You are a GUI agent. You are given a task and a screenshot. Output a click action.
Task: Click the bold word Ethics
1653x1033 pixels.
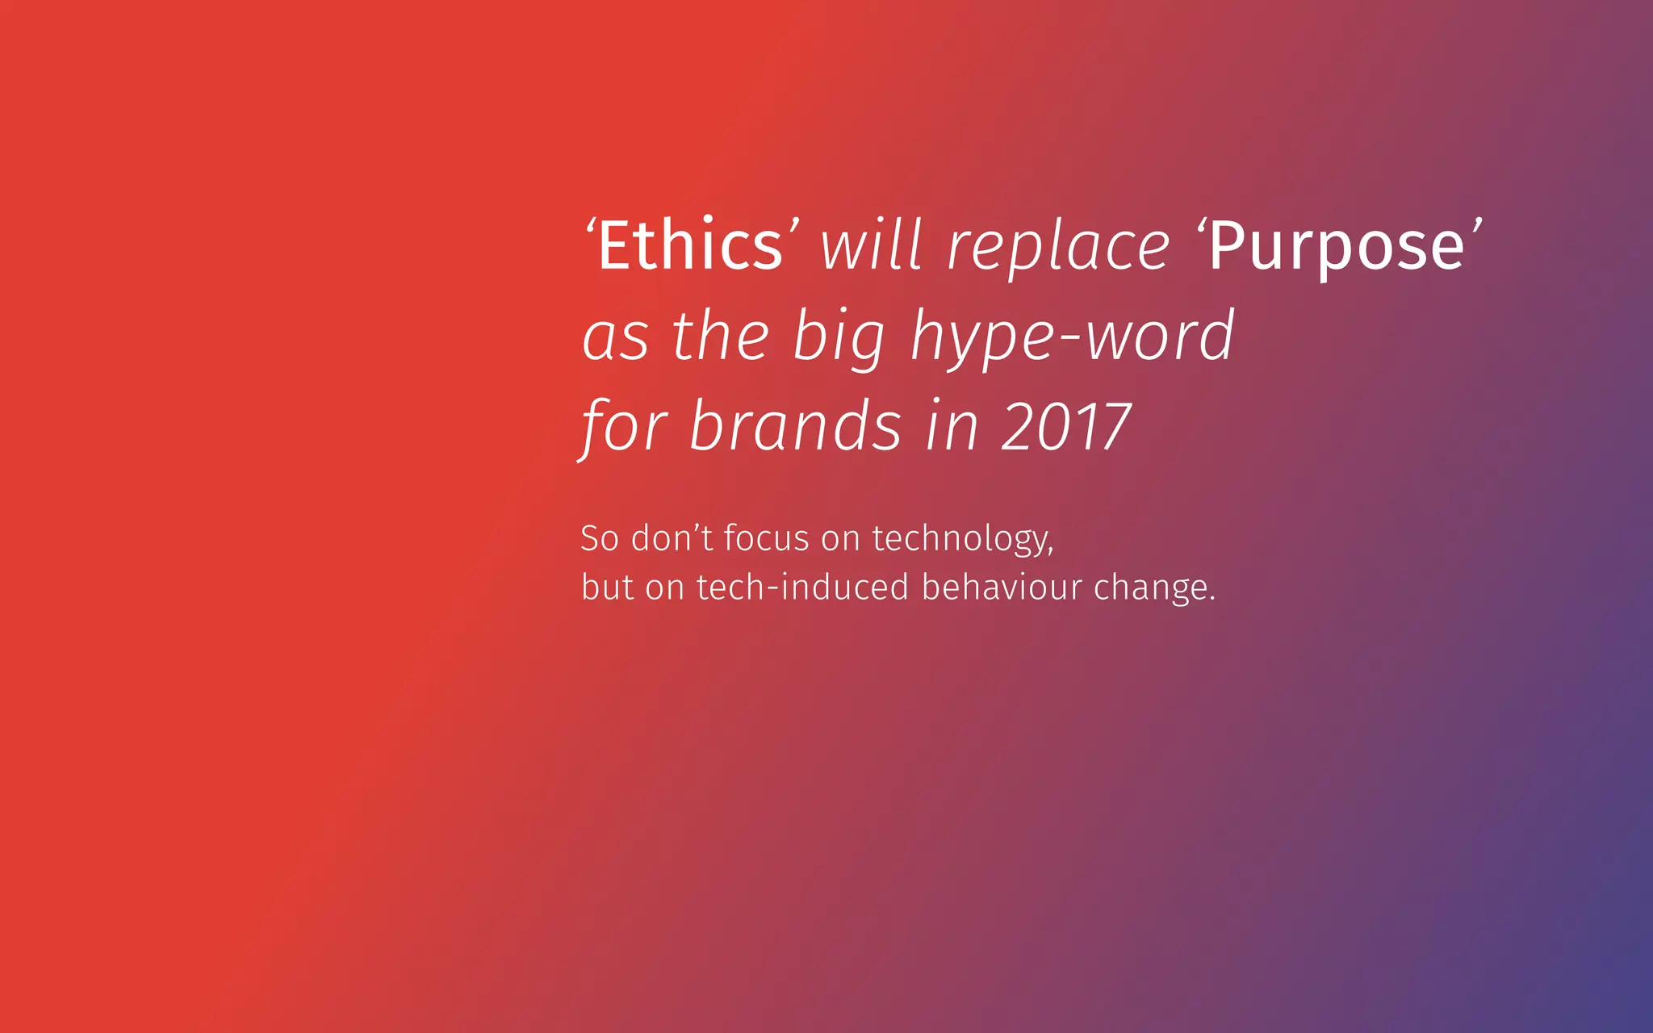(x=690, y=245)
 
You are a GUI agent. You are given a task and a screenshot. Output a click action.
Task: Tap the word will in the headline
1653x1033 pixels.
(x=871, y=245)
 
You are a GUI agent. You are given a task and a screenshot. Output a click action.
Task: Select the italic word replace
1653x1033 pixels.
(x=1058, y=247)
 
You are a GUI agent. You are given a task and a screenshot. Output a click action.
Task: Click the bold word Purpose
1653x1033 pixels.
(x=1337, y=247)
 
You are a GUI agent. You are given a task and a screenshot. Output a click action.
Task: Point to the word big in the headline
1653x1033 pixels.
(x=839, y=337)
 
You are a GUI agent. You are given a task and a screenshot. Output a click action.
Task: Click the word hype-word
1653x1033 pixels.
(x=1073, y=337)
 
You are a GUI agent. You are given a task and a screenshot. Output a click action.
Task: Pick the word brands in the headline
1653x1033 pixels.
(x=795, y=426)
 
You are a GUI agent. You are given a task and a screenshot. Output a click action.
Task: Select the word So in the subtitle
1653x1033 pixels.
(x=600, y=538)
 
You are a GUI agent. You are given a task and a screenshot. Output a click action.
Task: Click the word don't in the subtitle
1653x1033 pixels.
(x=672, y=537)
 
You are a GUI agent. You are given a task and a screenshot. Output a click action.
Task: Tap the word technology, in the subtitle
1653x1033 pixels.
(x=962, y=539)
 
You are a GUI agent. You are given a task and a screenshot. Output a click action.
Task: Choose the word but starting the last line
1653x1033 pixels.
(x=607, y=587)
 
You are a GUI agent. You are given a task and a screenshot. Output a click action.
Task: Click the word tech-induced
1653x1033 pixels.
(x=802, y=587)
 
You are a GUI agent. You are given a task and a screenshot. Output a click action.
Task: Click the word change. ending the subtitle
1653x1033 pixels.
(x=1154, y=588)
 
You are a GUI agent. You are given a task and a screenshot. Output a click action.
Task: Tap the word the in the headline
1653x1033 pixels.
(x=720, y=336)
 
